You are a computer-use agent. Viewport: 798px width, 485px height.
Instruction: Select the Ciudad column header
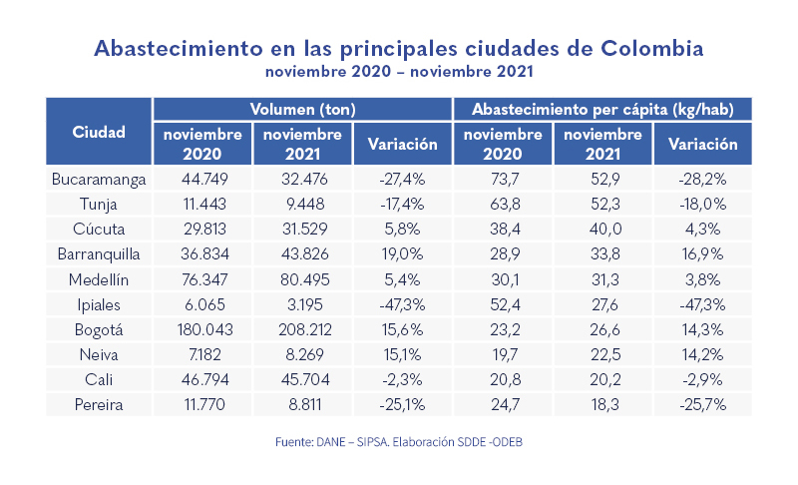coord(99,132)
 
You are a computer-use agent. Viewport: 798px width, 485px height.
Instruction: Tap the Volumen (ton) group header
coord(302,108)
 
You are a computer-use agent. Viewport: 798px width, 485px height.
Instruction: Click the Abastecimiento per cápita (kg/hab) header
coord(601,108)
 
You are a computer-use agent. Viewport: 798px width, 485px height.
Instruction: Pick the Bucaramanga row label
coord(99,180)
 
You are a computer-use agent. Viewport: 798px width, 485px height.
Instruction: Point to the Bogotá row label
coord(99,326)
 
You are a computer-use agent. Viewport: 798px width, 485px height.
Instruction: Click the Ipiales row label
coord(99,301)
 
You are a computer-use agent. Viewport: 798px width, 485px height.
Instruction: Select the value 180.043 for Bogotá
coord(202,326)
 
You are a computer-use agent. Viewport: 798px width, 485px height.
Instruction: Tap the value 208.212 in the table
coord(302,326)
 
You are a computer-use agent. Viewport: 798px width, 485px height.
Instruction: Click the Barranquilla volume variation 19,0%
coord(403,252)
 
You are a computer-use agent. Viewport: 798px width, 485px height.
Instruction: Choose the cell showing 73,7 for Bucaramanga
coord(503,180)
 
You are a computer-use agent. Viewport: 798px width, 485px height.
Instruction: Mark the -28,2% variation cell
coord(702,180)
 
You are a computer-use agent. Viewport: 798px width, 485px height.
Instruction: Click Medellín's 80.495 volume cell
coord(302,277)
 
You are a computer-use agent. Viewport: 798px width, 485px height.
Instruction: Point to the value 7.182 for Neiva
coord(202,350)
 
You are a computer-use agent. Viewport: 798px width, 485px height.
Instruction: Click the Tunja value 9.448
coord(302,204)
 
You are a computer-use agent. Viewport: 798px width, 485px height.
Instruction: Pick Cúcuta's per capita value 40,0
coord(601,229)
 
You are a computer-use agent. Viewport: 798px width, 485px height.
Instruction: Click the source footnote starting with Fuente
coord(398,440)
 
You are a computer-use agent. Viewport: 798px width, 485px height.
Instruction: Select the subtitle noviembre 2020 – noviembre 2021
coord(398,73)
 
